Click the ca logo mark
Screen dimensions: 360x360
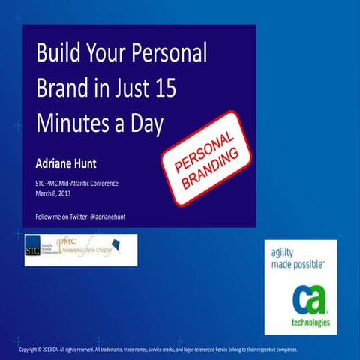pos(301,299)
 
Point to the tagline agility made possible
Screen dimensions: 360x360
pos(297,258)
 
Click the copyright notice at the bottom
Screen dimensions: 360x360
pos(158,349)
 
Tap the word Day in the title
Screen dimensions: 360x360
pos(146,122)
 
